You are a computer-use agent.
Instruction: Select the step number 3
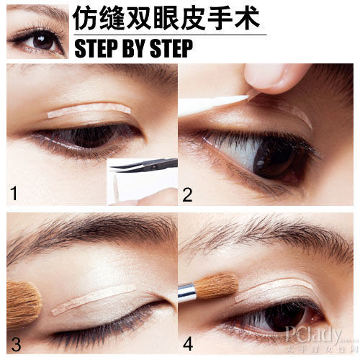[x=14, y=343]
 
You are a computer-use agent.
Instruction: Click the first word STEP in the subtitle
[x=98, y=49]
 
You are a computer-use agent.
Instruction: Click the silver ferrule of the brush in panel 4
[x=187, y=292]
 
